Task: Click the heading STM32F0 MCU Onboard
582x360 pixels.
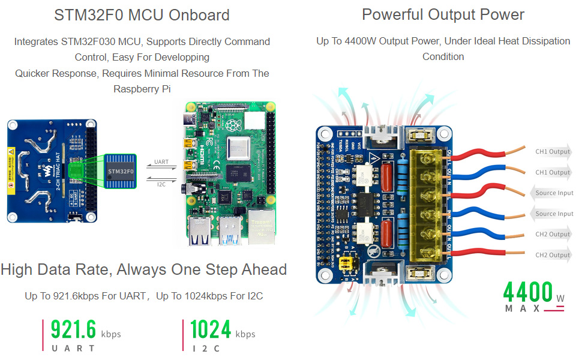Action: pos(142,16)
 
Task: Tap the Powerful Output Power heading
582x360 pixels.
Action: pos(443,15)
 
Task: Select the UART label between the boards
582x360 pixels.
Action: pos(161,162)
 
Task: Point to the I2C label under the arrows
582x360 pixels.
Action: pos(161,184)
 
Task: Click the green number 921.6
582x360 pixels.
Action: pos(73,330)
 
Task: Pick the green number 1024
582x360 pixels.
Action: pos(211,330)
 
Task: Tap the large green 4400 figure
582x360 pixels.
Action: pos(528,292)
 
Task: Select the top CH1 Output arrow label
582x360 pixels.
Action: pos(552,152)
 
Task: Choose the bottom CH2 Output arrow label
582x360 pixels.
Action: pos(552,255)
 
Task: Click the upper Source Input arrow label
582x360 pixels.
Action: pos(552,193)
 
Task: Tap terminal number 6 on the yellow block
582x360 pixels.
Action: pos(427,159)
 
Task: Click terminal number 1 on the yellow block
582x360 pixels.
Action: pos(427,253)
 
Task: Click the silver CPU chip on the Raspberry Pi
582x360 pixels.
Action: pos(238,148)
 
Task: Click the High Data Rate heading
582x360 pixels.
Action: pos(143,269)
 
